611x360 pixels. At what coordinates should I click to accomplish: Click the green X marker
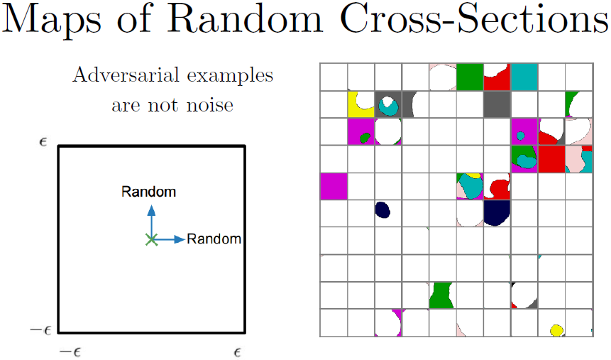coord(150,239)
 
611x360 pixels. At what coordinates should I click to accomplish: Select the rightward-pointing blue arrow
coord(170,239)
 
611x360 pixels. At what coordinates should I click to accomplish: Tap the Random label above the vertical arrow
coord(148,192)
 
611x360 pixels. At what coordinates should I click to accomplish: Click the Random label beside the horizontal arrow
coord(214,239)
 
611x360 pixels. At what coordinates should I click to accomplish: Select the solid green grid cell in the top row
coord(470,77)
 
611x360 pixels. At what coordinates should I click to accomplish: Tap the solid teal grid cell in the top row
coord(524,77)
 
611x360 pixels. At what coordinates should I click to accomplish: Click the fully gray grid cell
coord(497,104)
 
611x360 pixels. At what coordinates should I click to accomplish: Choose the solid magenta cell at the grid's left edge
coord(334,186)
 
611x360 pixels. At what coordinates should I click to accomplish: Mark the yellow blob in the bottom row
coord(556,330)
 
